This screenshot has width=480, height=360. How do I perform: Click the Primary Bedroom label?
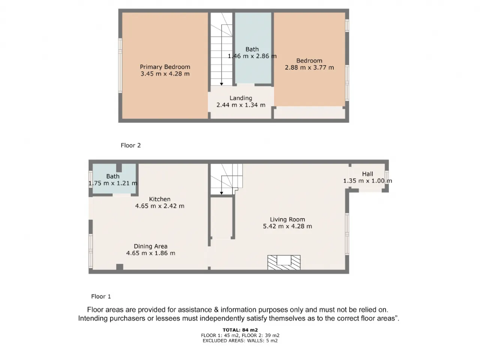point(165,67)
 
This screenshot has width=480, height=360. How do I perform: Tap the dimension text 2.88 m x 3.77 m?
point(309,67)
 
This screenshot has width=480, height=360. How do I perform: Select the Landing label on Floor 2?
point(241,98)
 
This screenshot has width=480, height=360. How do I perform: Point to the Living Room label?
point(287,219)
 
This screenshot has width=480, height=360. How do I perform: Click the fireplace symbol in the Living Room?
point(284,262)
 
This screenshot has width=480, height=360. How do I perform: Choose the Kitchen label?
point(160,199)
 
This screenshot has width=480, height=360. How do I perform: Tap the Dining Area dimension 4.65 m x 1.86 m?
point(151,253)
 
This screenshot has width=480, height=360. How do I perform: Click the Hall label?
point(367,174)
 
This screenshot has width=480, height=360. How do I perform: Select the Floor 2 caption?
point(131,145)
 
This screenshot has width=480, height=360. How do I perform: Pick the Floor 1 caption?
point(101,296)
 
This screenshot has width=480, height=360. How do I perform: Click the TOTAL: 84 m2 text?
point(240,330)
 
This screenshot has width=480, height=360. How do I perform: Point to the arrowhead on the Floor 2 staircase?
point(222,84)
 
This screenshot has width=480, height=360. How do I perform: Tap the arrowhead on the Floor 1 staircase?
point(222,193)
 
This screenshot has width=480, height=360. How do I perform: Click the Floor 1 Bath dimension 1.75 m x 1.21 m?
point(113,183)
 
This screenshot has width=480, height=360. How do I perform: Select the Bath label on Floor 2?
point(252,49)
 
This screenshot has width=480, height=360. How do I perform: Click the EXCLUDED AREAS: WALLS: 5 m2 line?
point(240,340)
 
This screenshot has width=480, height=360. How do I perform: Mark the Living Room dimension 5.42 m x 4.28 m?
point(287,226)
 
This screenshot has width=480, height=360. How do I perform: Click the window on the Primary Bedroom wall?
point(120,65)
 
